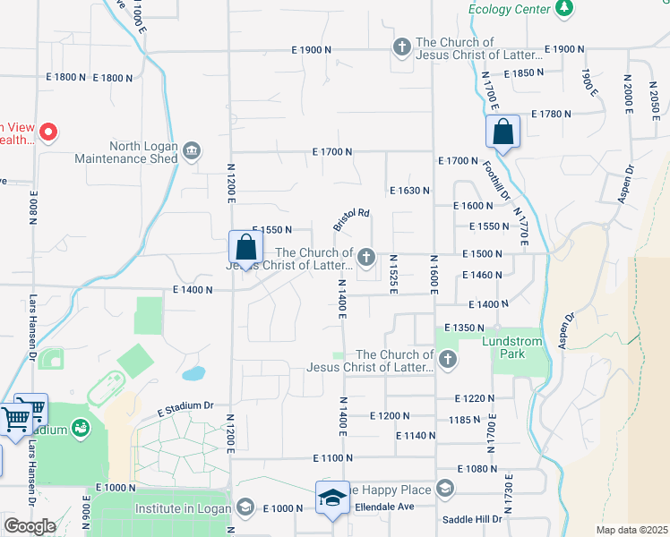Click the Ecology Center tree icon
pyautogui.click(x=563, y=9)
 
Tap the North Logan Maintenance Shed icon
pyautogui.click(x=192, y=149)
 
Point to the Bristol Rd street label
pyautogui.click(x=351, y=220)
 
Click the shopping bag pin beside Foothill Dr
pyautogui.click(x=502, y=132)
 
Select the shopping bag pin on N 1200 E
pyautogui.click(x=245, y=247)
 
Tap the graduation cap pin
pyautogui.click(x=332, y=498)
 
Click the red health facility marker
pyautogui.click(x=49, y=133)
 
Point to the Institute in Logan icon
pyautogui.click(x=244, y=507)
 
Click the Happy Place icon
pyautogui.click(x=445, y=488)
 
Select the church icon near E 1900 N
pyautogui.click(x=402, y=47)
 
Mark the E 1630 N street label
pyautogui.click(x=410, y=191)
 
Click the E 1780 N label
pyautogui.click(x=552, y=114)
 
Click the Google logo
pyautogui.click(x=30, y=526)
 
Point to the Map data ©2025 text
pyautogui.click(x=631, y=530)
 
